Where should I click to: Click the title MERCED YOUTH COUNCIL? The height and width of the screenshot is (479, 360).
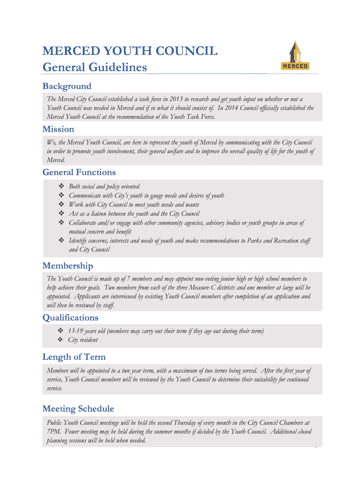[130, 51]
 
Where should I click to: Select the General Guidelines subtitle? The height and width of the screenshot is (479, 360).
[94, 67]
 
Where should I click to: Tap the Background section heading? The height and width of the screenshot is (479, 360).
[67, 86]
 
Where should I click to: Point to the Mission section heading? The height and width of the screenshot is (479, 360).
[58, 129]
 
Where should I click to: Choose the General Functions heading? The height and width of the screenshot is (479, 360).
[79, 172]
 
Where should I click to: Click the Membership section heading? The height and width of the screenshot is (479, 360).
[68, 266]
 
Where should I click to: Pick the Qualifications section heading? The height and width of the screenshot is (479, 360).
[71, 318]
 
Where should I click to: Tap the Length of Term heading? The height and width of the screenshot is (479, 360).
[74, 357]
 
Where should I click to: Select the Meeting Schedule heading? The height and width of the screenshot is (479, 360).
[78, 409]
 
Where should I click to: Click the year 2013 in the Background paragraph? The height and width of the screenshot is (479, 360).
[176, 99]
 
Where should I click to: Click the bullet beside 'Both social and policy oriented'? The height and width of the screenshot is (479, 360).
[61, 186]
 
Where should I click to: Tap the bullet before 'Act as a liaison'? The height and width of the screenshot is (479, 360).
[61, 214]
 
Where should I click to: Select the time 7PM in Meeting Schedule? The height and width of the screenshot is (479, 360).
[54, 432]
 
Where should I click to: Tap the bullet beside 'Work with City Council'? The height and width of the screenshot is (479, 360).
[61, 204]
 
